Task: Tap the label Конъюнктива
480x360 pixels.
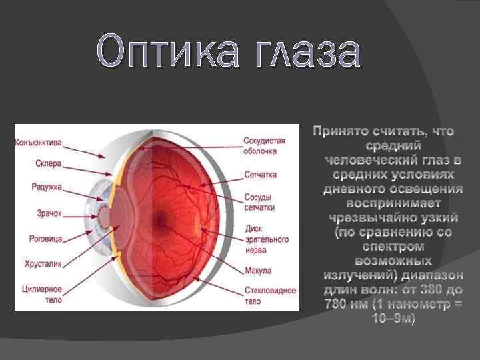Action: point(38,143)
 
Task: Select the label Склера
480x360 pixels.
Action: point(49,163)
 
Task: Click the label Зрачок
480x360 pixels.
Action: point(49,213)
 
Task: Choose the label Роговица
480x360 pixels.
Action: point(46,238)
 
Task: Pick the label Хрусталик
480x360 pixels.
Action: point(43,264)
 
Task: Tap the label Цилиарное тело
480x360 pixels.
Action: point(45,294)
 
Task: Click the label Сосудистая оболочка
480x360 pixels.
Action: point(264,146)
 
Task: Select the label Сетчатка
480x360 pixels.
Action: point(261,174)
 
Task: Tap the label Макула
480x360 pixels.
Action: point(257,271)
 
